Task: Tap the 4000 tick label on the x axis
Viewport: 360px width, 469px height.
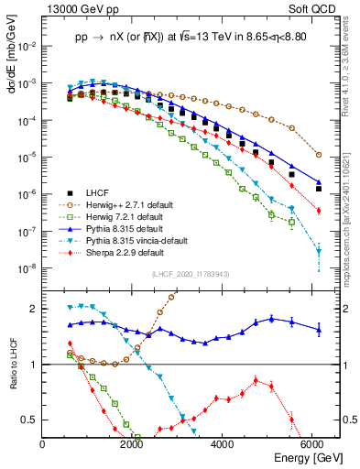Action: pos(224,442)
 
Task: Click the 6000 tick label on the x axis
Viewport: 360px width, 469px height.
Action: pos(314,442)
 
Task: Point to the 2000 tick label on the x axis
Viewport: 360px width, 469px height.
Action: pos(133,442)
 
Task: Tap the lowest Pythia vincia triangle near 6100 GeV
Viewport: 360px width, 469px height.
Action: pos(318,251)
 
